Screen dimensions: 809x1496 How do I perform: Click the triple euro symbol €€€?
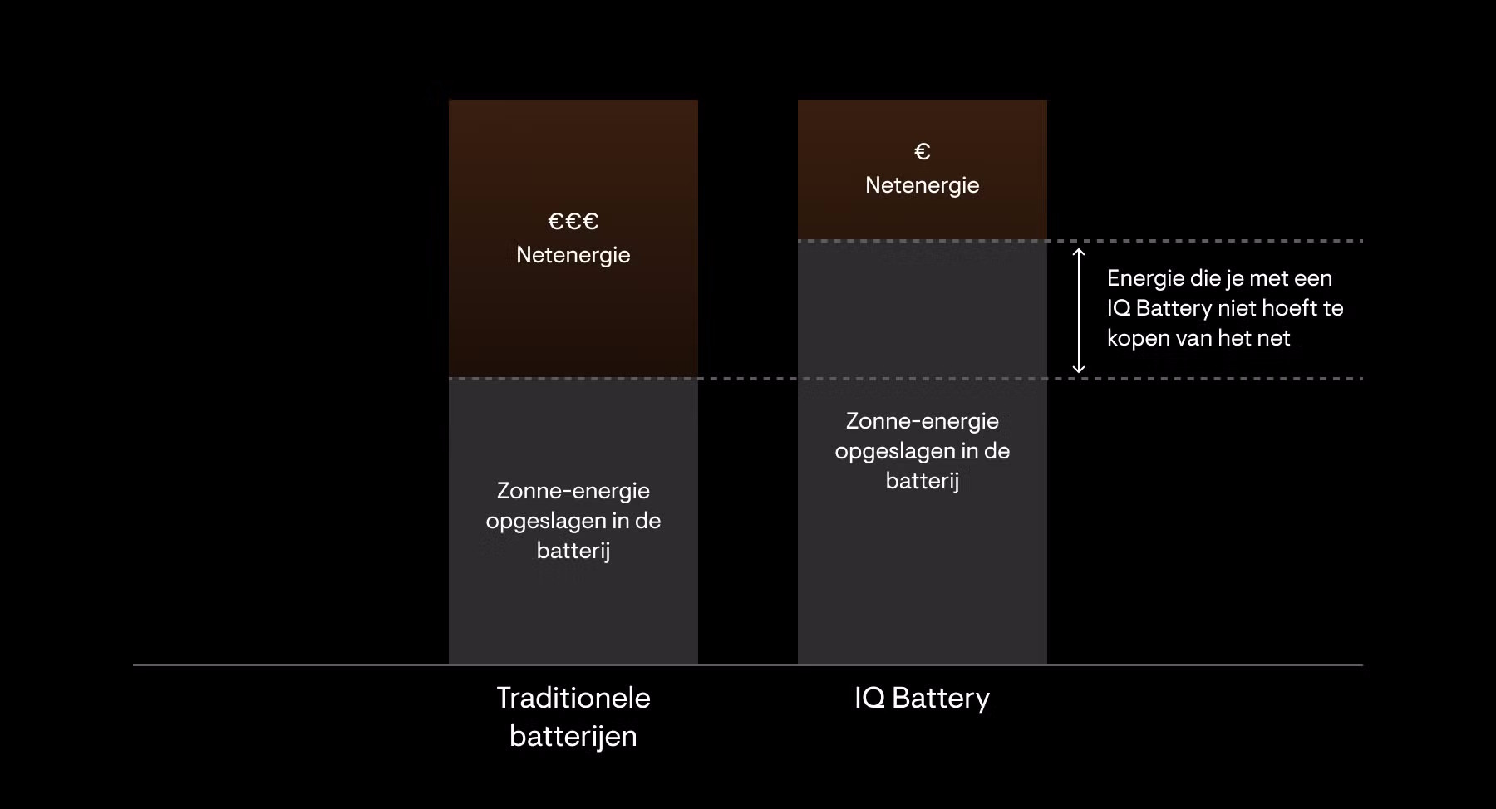click(573, 221)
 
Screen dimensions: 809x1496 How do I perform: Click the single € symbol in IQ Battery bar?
click(922, 151)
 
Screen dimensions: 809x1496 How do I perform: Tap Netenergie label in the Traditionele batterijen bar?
click(573, 255)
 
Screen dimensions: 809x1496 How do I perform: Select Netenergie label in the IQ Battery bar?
click(922, 185)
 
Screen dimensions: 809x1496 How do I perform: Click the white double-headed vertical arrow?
click(1079, 310)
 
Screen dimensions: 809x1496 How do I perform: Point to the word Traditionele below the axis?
click(573, 698)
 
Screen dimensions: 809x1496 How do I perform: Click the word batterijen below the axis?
click(573, 736)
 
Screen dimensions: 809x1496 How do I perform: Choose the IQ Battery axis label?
click(922, 698)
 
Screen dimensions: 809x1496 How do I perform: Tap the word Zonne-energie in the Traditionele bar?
click(573, 491)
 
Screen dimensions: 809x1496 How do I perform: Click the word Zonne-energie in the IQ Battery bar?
click(922, 421)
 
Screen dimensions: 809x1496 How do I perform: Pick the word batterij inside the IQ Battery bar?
click(922, 481)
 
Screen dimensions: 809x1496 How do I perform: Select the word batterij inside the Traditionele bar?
click(573, 551)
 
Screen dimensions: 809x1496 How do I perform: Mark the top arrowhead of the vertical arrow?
click(1079, 252)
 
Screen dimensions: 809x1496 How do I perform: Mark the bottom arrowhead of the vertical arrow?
click(1079, 369)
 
